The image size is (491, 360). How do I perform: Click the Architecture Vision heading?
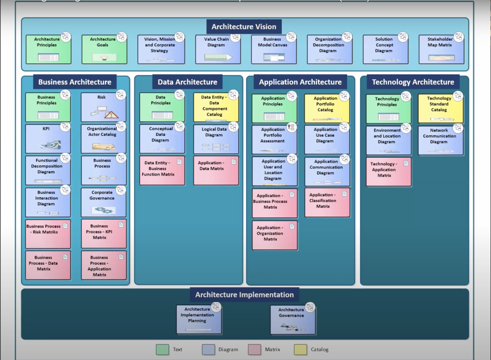244,27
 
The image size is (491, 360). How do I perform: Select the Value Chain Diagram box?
218,49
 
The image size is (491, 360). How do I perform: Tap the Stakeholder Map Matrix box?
441,49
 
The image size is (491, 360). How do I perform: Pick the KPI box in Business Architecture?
48,139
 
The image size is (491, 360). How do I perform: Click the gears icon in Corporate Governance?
104,210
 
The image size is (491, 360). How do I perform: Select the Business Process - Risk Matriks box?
48,234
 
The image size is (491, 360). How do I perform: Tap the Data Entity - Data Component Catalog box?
216,107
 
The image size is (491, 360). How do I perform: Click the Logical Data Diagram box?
216,139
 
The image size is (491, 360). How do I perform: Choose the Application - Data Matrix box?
216,170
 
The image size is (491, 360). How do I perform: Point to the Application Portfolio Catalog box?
327,108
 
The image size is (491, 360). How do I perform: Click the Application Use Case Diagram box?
327,139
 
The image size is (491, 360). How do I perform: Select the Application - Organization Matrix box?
274,235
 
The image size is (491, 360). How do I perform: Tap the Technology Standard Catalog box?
440,108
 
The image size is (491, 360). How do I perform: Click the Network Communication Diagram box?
440,140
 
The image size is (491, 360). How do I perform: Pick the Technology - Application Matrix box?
388,171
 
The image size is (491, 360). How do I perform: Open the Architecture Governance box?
293,319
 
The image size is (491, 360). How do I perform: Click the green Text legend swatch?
162,349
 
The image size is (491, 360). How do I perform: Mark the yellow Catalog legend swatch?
300,349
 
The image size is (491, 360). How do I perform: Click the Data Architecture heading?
187,82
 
